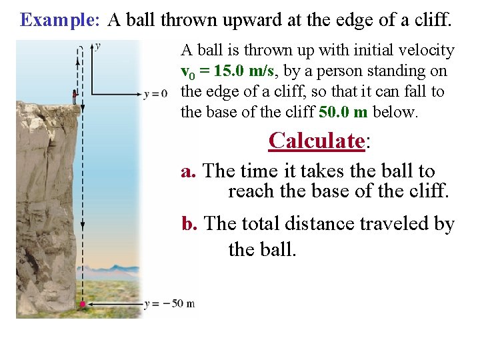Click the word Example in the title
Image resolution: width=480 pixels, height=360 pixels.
coord(59,20)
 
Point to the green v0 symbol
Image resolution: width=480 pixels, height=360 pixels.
coord(187,71)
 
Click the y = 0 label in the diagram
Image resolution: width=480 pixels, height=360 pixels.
coord(155,94)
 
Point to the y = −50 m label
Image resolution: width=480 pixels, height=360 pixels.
coord(169,304)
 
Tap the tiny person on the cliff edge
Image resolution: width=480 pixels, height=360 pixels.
coord(75,95)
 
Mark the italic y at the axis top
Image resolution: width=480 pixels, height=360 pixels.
coord(97,46)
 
